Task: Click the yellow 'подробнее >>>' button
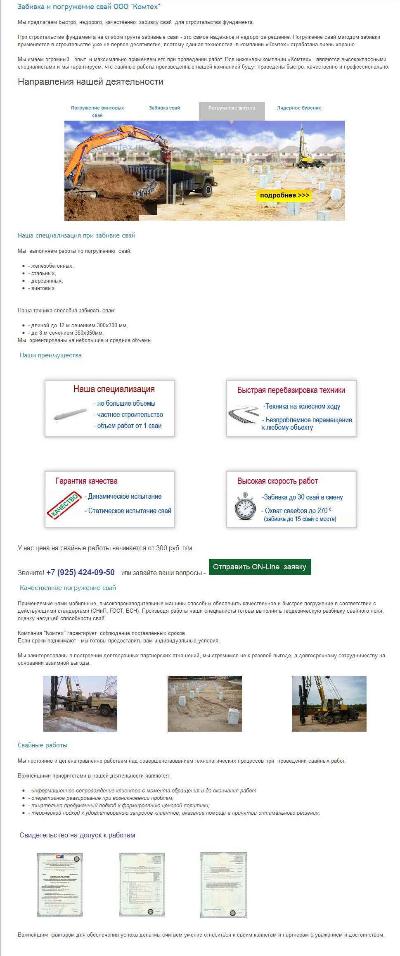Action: pos(284,195)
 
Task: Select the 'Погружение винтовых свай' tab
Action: pos(97,111)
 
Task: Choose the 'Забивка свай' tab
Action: pos(164,108)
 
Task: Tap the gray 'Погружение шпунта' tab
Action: pos(232,108)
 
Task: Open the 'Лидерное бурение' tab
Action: pos(299,108)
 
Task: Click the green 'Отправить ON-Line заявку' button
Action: pos(260,567)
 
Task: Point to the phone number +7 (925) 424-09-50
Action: pos(80,572)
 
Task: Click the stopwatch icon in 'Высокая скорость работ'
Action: pos(245,506)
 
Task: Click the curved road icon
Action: pos(243,414)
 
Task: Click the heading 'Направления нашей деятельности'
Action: pos(90,82)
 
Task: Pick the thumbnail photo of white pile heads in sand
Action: pos(204,704)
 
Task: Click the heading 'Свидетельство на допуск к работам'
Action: pos(77,835)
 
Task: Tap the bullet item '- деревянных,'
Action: pos(45,281)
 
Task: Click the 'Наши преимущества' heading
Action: pos(51,355)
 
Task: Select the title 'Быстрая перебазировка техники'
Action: pos(291,390)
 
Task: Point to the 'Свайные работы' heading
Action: pos(43,745)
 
